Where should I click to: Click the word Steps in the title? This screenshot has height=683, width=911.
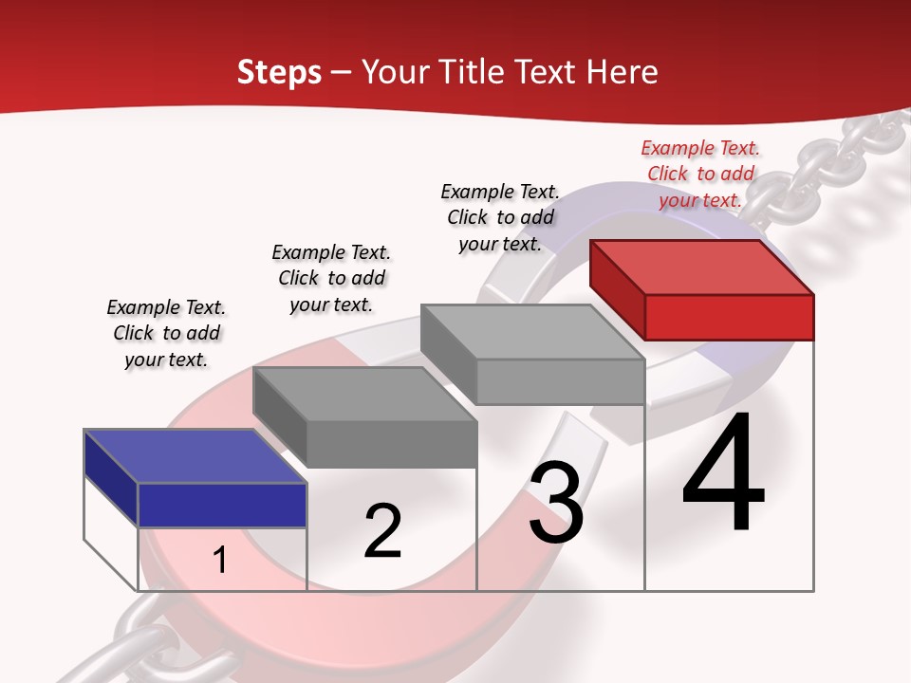pyautogui.click(x=279, y=72)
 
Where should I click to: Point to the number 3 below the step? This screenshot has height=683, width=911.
pyautogui.click(x=556, y=503)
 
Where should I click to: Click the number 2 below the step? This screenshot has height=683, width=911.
pyautogui.click(x=382, y=530)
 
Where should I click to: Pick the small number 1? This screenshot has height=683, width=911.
pyautogui.click(x=220, y=560)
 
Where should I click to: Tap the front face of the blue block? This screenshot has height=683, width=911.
pyautogui.click(x=222, y=505)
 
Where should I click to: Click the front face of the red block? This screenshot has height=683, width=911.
pyautogui.click(x=729, y=317)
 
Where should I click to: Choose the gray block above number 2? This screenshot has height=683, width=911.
pyautogui.click(x=365, y=417)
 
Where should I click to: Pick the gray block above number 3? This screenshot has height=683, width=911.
pyautogui.click(x=533, y=354)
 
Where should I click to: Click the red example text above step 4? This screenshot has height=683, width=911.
pyautogui.click(x=700, y=174)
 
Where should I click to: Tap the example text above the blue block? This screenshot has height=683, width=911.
pyautogui.click(x=166, y=333)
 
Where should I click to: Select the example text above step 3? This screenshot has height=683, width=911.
pyautogui.click(x=500, y=217)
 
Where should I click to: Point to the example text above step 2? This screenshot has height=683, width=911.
pyautogui.click(x=331, y=278)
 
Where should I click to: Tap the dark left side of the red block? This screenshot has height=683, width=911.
pyautogui.click(x=617, y=289)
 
